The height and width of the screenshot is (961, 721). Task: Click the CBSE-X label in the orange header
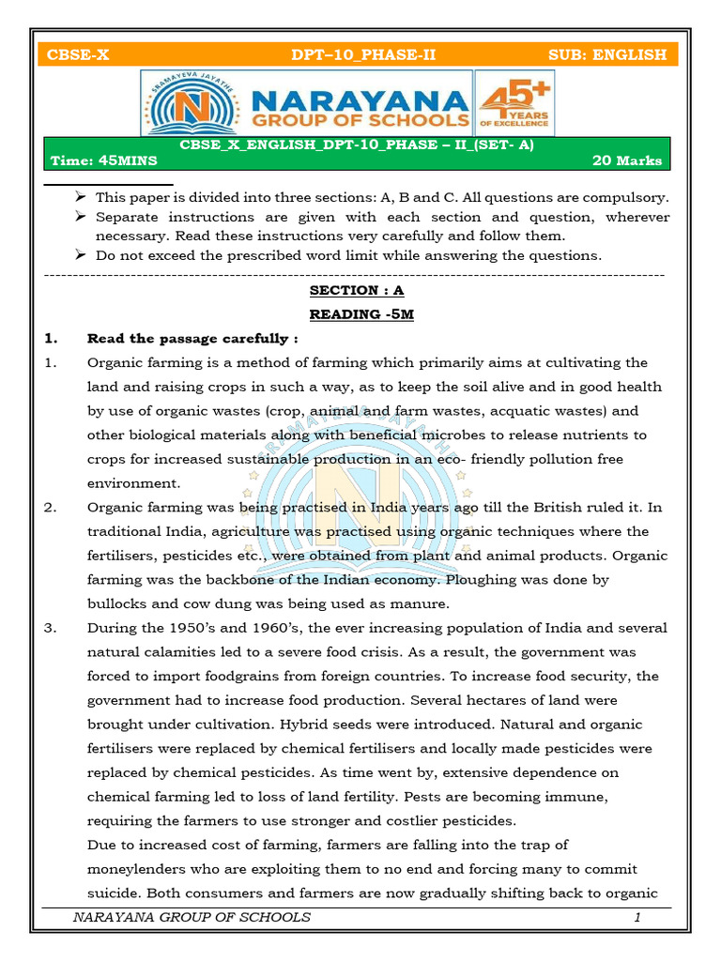click(x=80, y=54)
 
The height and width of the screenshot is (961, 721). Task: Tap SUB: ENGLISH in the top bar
click(x=607, y=54)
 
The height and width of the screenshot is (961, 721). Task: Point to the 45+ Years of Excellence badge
click(x=514, y=102)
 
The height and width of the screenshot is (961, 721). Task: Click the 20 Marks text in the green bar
click(x=627, y=160)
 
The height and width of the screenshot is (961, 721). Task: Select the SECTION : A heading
click(x=357, y=291)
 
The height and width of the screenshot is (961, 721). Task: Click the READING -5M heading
click(x=361, y=314)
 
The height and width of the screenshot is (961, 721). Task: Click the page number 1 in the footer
click(x=637, y=917)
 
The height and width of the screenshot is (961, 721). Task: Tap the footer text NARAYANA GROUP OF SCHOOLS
click(x=192, y=917)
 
